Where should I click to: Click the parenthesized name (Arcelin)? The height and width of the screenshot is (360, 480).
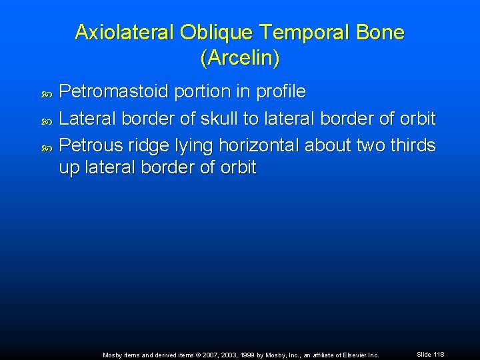click(239, 59)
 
